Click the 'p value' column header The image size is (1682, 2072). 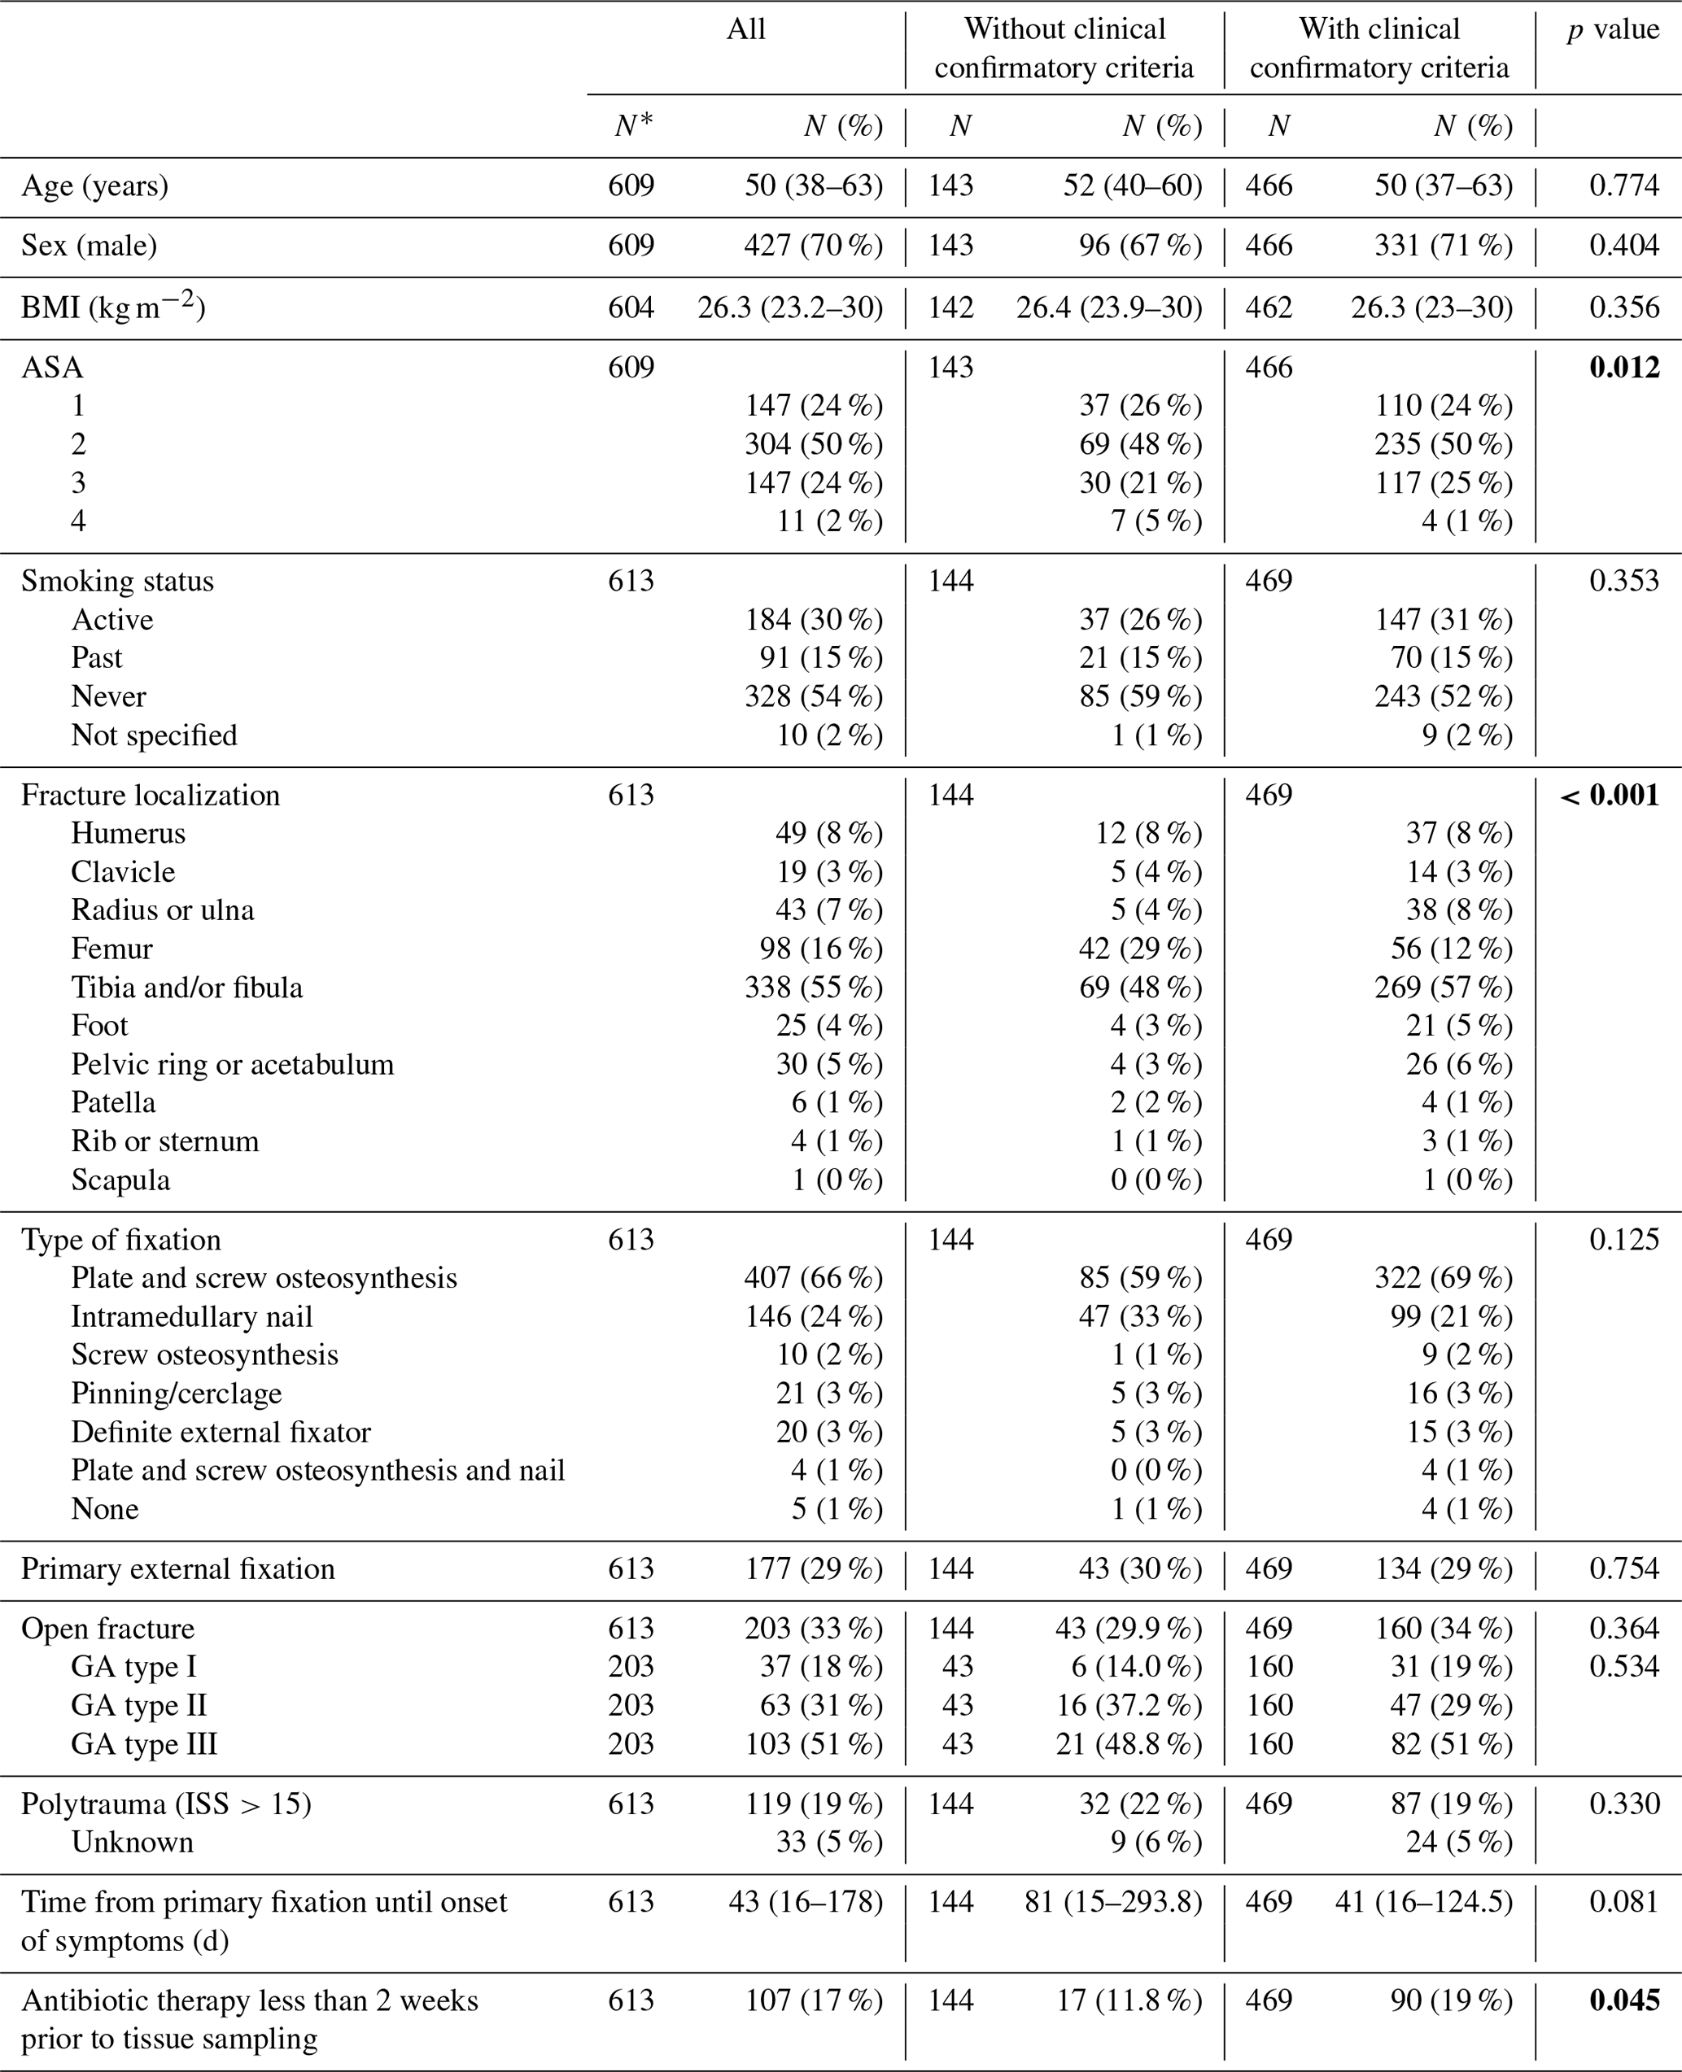[1613, 30]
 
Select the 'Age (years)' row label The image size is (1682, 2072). [95, 186]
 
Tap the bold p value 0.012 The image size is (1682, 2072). [1624, 367]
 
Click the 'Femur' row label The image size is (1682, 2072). [111, 949]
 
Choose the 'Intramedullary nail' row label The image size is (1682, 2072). [192, 1316]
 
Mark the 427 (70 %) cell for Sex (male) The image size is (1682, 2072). [814, 246]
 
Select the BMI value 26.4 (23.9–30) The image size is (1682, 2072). [1108, 308]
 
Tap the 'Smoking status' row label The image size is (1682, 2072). [117, 581]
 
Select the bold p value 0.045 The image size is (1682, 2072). [1624, 2000]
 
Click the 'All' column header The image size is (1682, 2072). [746, 30]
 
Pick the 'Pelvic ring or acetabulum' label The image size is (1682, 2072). [233, 1065]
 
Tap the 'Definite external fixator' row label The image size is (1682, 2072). [221, 1432]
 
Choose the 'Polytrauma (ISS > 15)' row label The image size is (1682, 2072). [167, 1804]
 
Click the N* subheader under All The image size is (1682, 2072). [634, 126]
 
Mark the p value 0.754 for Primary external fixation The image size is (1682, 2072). [1624, 1568]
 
